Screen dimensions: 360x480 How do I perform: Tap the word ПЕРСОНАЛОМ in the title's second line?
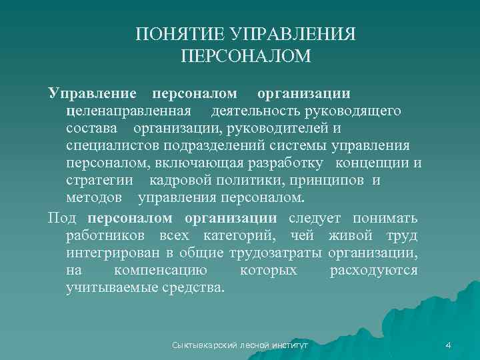click(246, 57)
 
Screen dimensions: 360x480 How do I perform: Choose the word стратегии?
click(99, 181)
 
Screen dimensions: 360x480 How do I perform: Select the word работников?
click(108, 235)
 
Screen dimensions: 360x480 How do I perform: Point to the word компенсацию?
click(170, 271)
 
